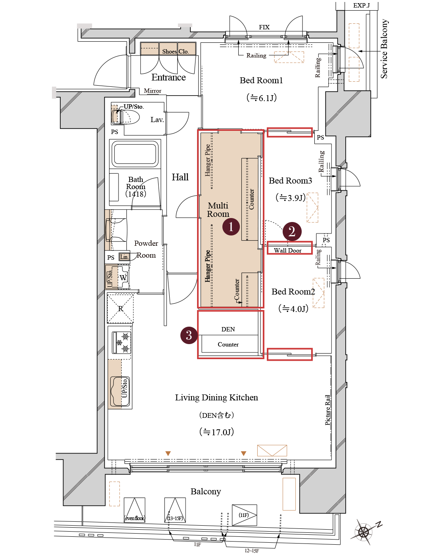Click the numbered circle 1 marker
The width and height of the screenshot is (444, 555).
coord(231,227)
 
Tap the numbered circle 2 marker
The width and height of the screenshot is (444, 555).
coord(292,232)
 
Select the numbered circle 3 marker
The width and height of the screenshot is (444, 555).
coord(189,335)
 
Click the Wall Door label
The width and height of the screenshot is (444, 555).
coord(288,251)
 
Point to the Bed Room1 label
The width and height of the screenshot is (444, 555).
coord(261,80)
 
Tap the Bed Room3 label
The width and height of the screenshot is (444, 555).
coord(290,181)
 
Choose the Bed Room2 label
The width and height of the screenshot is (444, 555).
coord(293,292)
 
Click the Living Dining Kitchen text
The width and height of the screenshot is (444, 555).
coord(216,398)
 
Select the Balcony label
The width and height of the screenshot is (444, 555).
coord(205,492)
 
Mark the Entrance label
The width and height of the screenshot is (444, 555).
coord(168,77)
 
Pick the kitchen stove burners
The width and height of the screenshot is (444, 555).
coord(122,343)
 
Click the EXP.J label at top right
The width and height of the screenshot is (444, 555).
coord(361,6)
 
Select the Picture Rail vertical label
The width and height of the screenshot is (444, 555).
coord(328,410)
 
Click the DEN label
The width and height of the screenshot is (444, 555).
coord(228,329)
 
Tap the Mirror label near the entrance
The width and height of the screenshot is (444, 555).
coord(153,91)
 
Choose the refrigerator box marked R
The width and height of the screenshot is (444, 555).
coord(121,308)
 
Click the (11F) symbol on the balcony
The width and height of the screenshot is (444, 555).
coord(244,515)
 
